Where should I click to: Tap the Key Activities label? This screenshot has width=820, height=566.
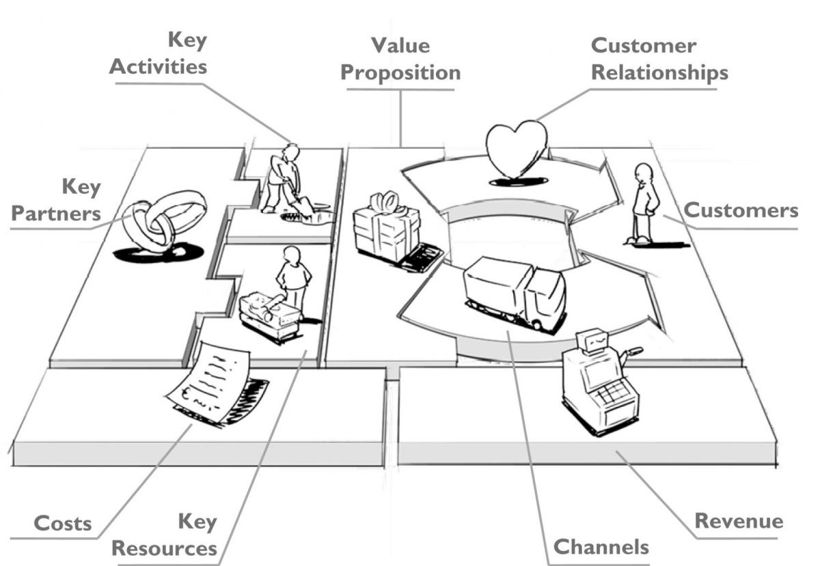tap(159, 53)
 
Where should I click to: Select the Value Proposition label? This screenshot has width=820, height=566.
tap(400, 59)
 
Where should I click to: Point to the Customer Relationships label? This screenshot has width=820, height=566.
tap(659, 59)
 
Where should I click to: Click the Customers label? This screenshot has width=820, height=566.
tap(741, 210)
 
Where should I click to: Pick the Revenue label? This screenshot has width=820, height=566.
tap(739, 521)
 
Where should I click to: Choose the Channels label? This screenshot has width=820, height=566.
tap(601, 546)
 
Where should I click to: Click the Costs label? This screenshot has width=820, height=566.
tap(63, 524)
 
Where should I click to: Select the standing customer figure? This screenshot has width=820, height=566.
tap(644, 202)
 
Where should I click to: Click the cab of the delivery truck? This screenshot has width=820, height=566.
tap(546, 296)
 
